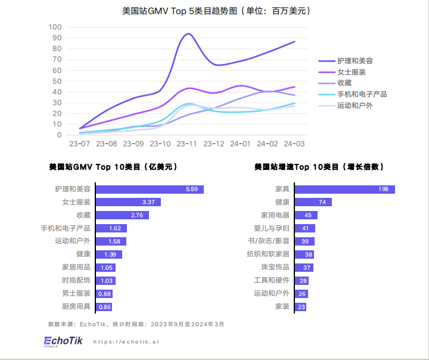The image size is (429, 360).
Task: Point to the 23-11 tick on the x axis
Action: (188, 144)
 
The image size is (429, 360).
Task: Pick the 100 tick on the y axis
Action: (55, 27)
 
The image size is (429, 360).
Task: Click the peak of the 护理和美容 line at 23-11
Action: (188, 34)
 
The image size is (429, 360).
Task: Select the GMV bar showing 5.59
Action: (150, 190)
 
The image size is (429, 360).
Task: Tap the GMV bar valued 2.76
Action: (122, 215)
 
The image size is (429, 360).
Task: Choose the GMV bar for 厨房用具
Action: (104, 307)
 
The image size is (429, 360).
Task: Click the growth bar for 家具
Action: (344, 190)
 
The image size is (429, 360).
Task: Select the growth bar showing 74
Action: (313, 202)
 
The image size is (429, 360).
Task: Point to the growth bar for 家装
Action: (300, 307)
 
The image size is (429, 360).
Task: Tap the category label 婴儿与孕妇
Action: (272, 228)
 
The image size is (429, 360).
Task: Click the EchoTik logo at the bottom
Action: (63, 341)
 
